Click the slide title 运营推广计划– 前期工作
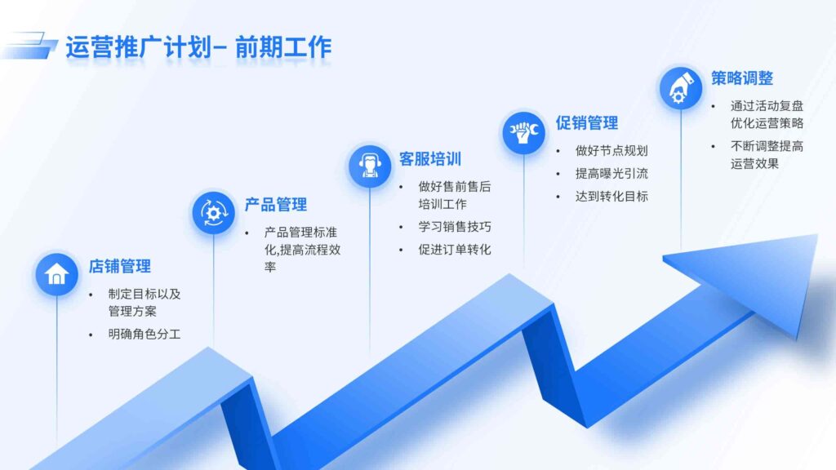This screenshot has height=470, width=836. tap(198, 47)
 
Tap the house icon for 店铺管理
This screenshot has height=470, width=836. tap(56, 273)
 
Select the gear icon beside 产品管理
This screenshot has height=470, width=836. tap(214, 212)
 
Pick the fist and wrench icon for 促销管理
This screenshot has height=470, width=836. tap(523, 131)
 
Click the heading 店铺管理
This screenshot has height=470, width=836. tap(120, 267)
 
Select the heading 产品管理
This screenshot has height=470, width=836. tap(276, 205)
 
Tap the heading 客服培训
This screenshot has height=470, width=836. tap(430, 159)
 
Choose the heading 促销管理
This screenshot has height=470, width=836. tap(587, 123)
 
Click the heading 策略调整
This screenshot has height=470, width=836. tap(741, 78)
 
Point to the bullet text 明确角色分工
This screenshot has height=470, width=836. tap(145, 335)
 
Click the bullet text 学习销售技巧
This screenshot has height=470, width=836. tap(455, 227)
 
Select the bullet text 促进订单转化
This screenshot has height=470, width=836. tap(455, 250)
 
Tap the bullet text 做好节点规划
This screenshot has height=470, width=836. tap(611, 151)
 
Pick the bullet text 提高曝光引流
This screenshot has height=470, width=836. tap(611, 174)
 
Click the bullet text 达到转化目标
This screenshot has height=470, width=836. tap(611, 197)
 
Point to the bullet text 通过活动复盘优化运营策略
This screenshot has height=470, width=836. tap(767, 115)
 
